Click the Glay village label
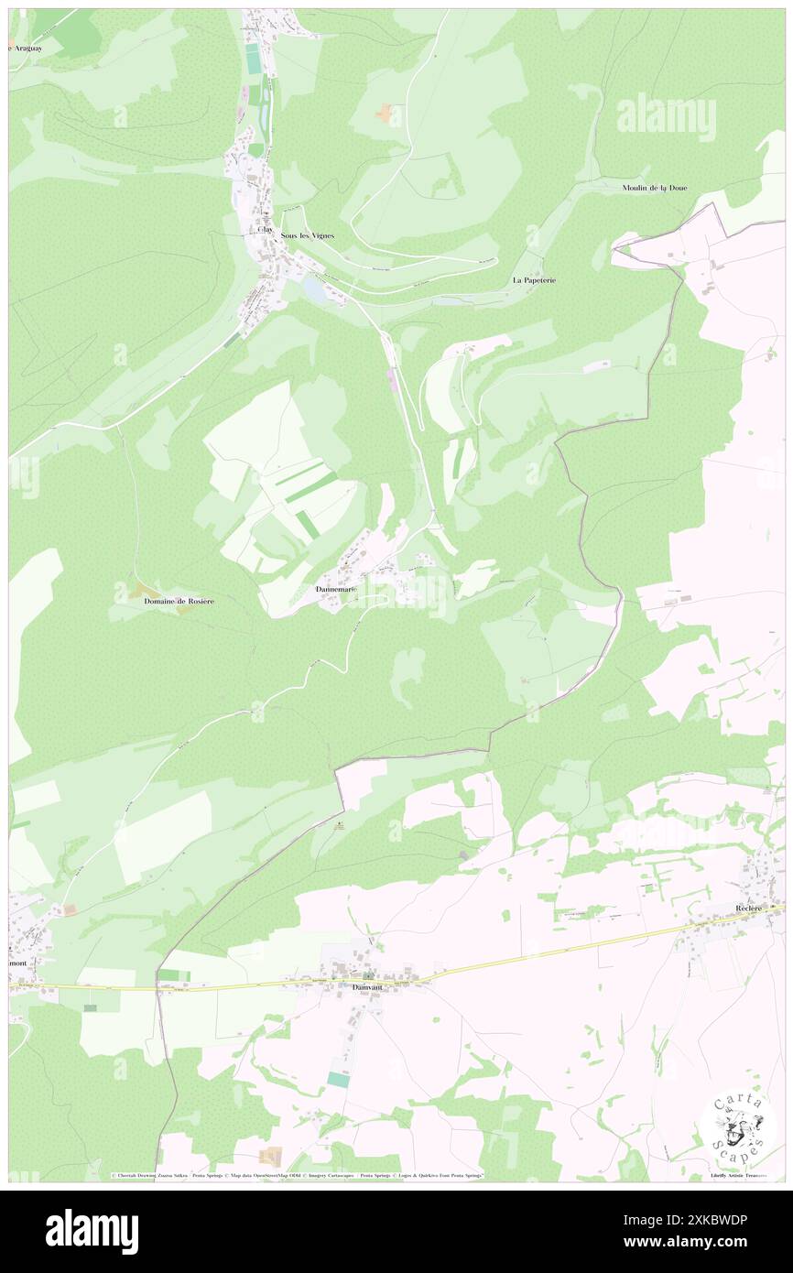click(265, 230)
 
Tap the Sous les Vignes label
click(308, 235)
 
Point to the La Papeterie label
click(534, 279)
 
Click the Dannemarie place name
click(335, 588)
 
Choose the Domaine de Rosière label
click(179, 601)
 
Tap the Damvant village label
click(366, 987)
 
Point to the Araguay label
click(26, 47)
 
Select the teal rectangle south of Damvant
click(338, 1080)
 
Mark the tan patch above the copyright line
click(271, 1156)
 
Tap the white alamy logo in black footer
click(92, 1232)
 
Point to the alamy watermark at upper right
click(666, 117)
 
